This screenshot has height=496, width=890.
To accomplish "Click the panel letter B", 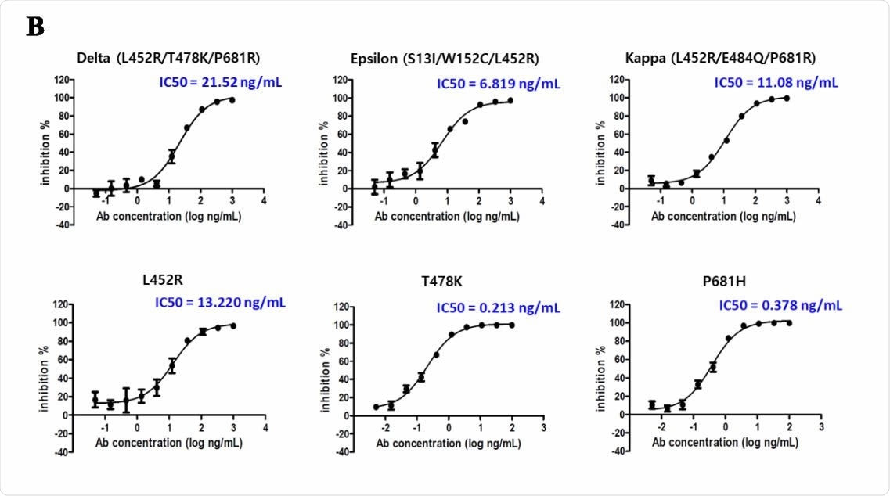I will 35,27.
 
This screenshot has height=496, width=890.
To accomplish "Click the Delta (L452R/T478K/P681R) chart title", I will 168,58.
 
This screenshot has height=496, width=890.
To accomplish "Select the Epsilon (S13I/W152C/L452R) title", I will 445,58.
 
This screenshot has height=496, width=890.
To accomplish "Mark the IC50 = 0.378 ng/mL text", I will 781,306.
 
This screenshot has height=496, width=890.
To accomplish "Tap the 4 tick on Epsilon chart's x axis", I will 542,201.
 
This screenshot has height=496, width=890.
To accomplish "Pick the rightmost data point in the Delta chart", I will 232,100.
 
